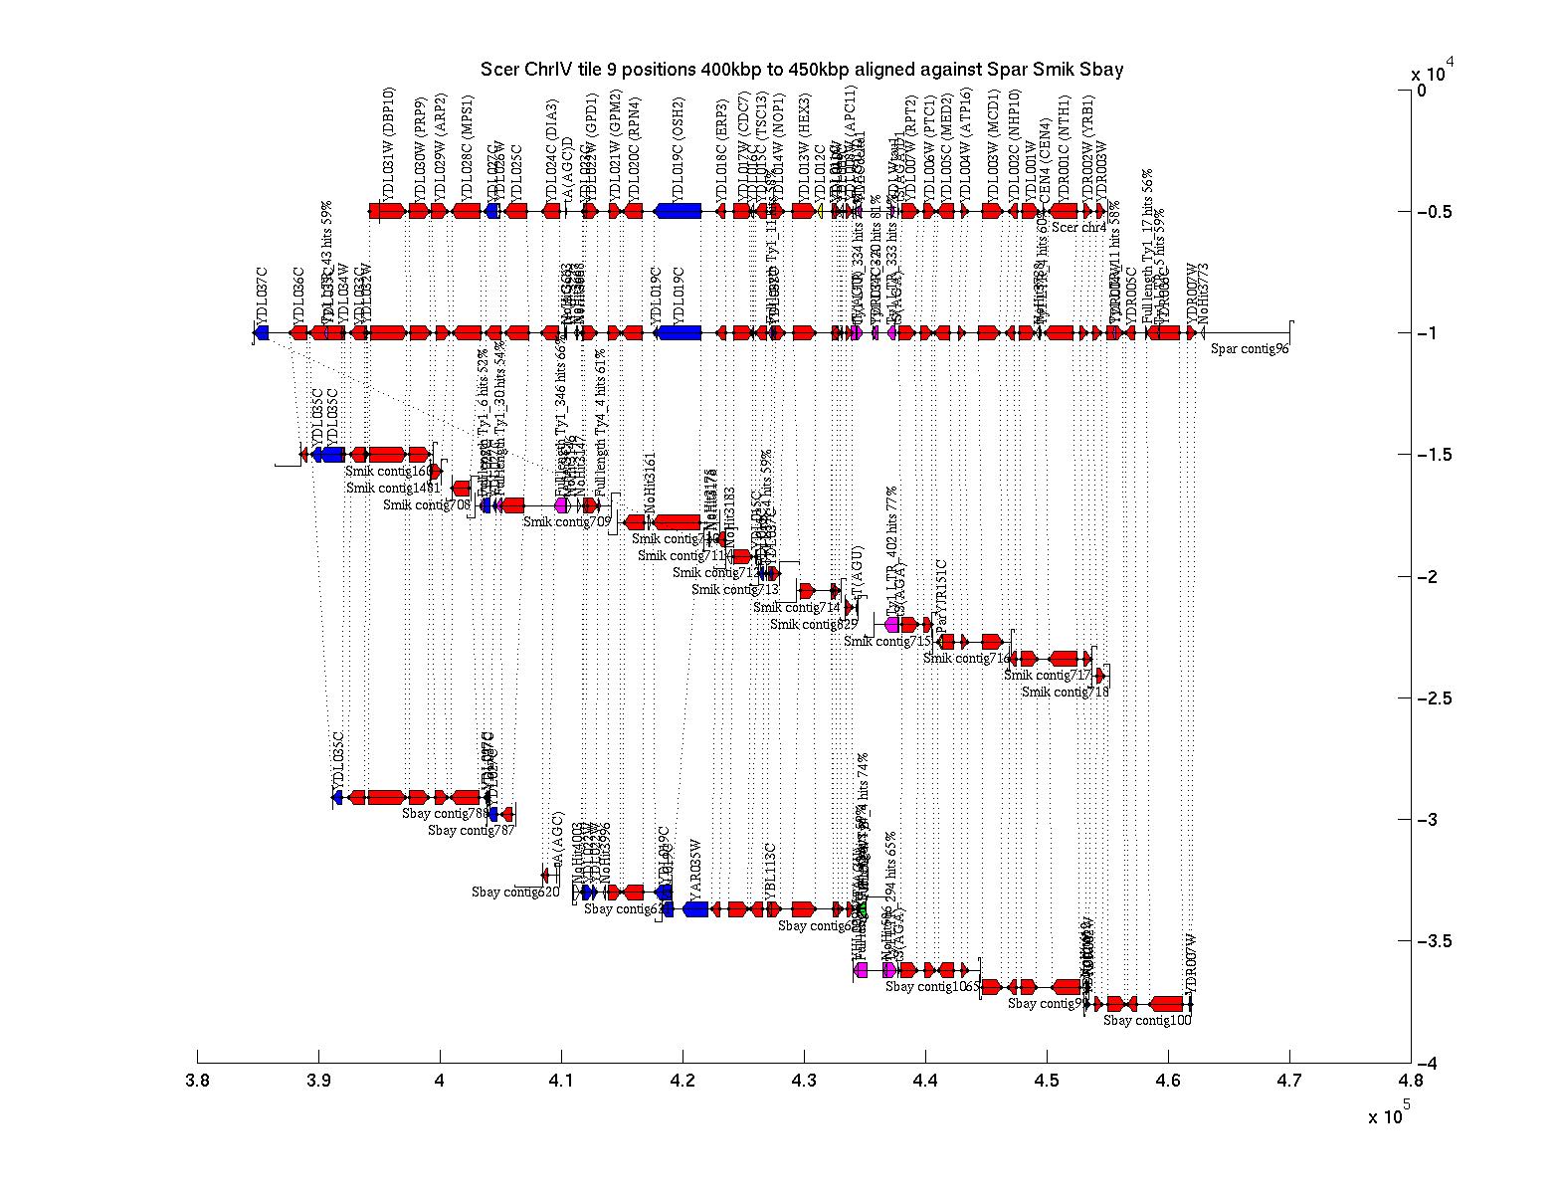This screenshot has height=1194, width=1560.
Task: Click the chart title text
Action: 802,70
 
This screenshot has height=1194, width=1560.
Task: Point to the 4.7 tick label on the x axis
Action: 1289,1083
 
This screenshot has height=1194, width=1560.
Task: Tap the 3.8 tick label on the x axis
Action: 198,1083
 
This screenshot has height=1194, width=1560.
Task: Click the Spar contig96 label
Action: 1250,348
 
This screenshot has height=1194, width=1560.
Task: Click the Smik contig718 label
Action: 1065,693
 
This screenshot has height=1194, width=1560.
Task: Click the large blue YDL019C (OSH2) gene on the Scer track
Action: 679,211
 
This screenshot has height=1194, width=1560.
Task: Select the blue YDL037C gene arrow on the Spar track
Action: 262,333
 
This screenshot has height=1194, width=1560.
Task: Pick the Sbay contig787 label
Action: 472,831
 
